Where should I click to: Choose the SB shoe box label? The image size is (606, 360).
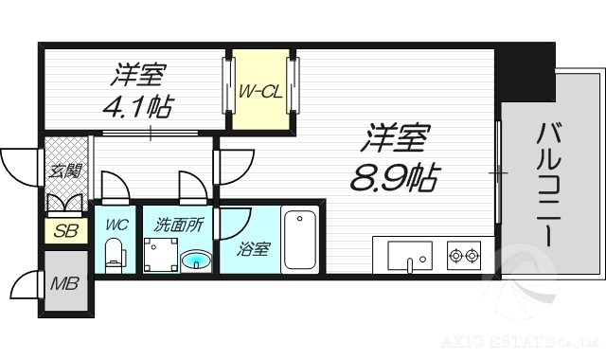[65, 230]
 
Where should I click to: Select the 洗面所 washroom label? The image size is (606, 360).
[179, 226]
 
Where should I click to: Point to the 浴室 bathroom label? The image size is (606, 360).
[253, 249]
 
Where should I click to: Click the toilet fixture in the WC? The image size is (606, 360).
[114, 255]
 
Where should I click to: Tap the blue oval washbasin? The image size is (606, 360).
[197, 259]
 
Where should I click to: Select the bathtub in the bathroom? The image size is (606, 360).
[301, 240]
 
